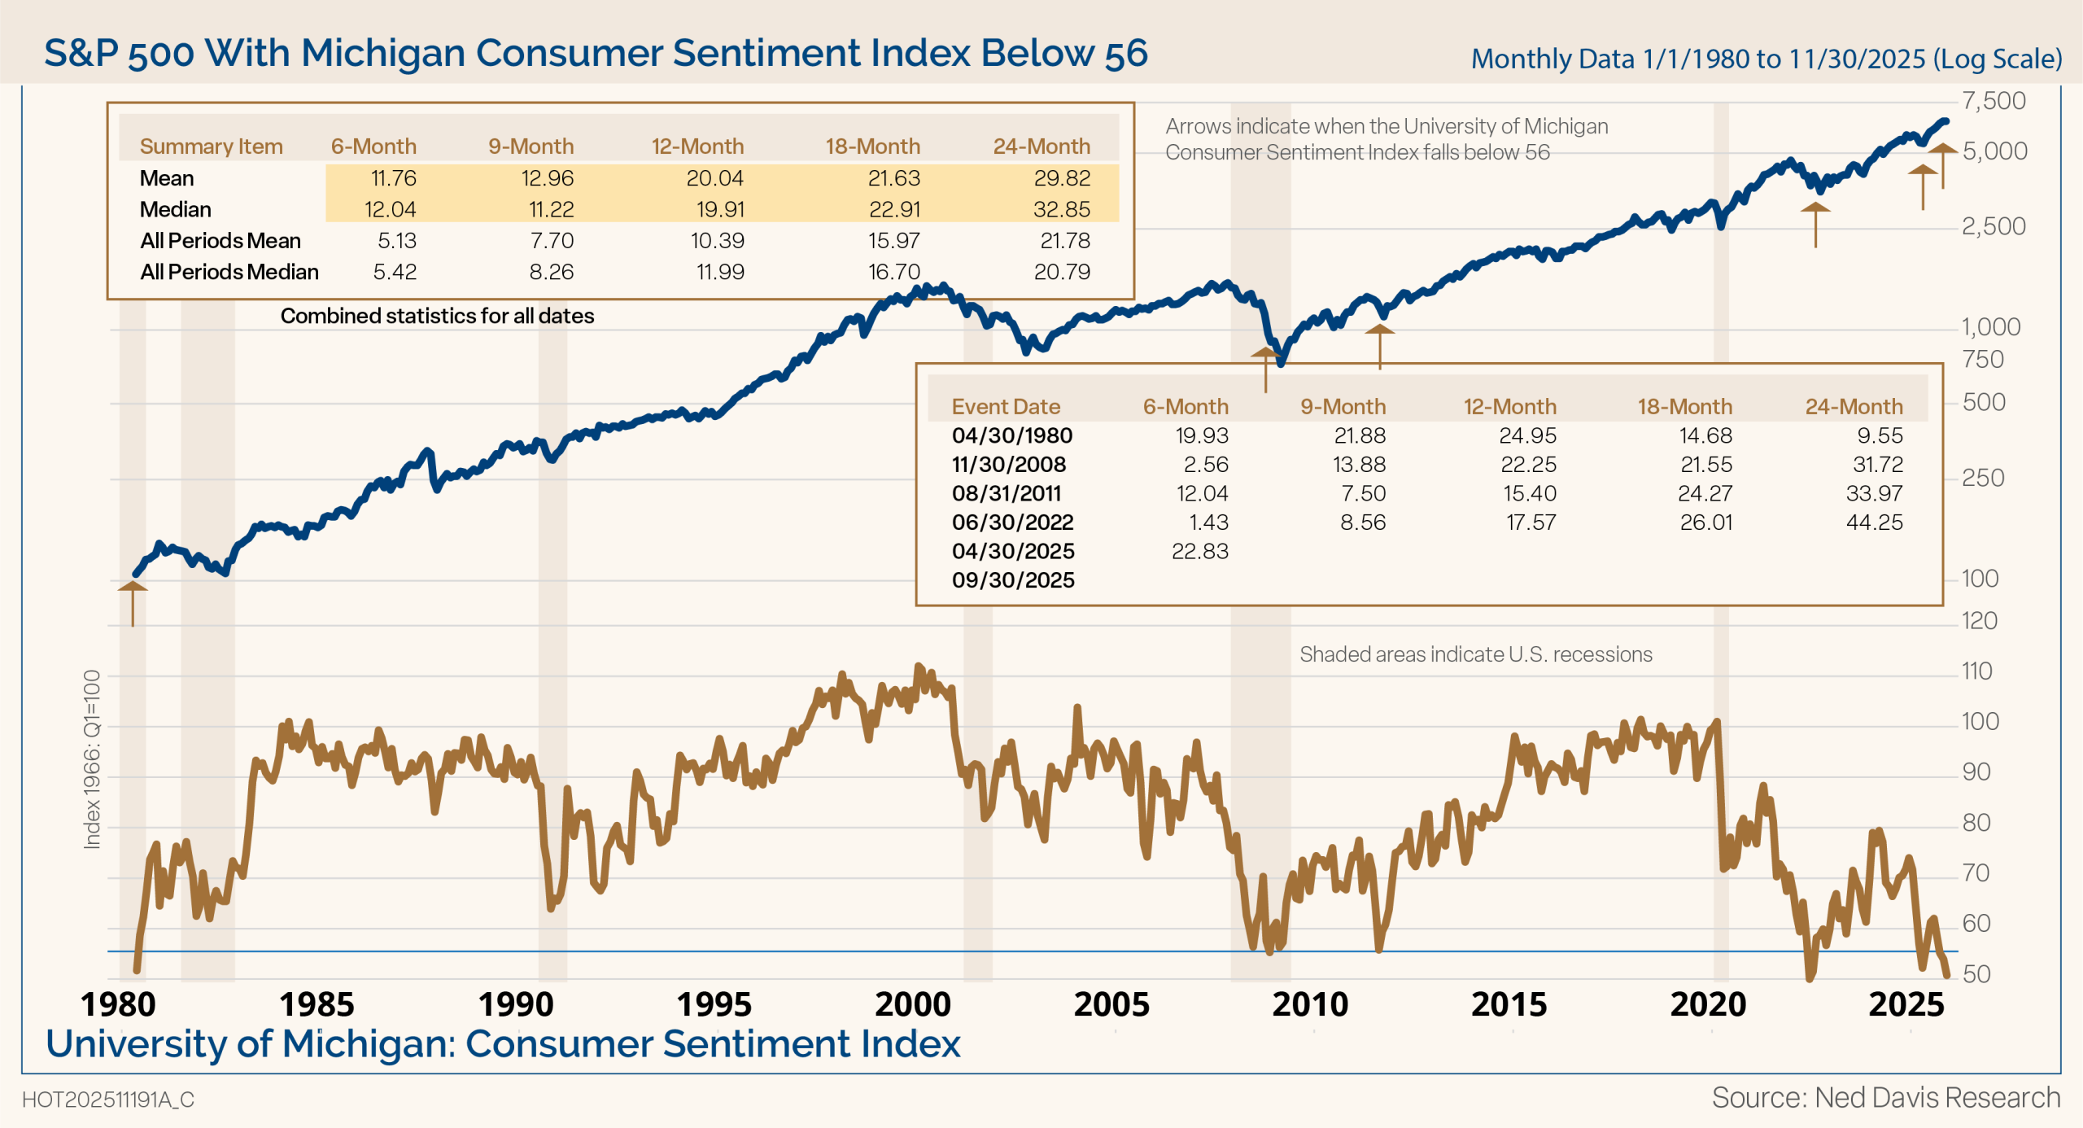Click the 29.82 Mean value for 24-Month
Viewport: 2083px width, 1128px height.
[1061, 178]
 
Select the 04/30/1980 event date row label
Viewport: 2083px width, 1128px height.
[1011, 435]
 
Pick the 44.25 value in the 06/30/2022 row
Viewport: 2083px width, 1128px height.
[1874, 522]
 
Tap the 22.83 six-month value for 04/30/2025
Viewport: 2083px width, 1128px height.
[1199, 551]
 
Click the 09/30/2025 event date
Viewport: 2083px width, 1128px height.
[1013, 580]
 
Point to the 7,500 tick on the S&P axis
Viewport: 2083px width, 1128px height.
[1993, 101]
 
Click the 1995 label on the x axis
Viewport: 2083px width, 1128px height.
[714, 1004]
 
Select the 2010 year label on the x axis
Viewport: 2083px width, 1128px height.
[1310, 1004]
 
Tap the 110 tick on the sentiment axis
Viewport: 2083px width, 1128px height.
[1976, 671]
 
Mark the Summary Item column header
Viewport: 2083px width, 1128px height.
[211, 146]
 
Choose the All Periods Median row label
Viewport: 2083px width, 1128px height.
[229, 272]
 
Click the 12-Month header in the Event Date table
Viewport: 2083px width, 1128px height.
[1509, 407]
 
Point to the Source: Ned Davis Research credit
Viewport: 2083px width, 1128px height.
[1885, 1098]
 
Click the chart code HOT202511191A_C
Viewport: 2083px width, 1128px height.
[108, 1100]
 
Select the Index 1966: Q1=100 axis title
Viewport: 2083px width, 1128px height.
[92, 759]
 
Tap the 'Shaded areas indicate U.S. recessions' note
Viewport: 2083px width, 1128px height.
[1475, 654]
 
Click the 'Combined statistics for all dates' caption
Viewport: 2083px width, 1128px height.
[437, 316]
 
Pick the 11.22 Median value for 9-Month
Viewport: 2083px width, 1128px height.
[551, 210]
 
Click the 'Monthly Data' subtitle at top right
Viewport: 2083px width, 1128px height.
[1766, 59]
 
